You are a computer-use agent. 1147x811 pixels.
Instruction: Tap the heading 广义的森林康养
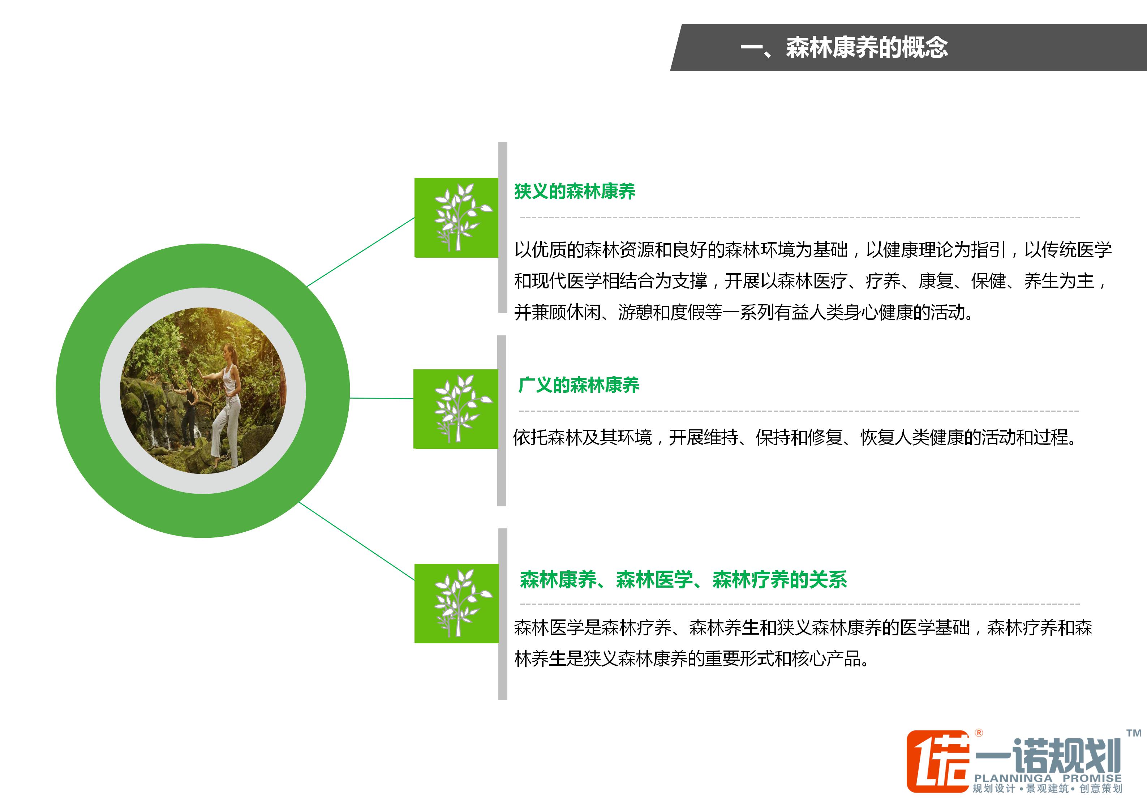pyautogui.click(x=579, y=385)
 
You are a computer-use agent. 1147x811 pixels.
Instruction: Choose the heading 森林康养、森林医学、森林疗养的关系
pyautogui.click(x=683, y=580)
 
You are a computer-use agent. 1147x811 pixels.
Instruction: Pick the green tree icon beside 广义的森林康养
pyautogui.click(x=456, y=409)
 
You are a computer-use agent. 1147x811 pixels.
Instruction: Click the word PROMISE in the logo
pyautogui.click(x=1092, y=778)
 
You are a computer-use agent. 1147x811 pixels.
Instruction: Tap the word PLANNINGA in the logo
pyautogui.click(x=1013, y=778)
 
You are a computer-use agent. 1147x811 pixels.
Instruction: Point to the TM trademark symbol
pyautogui.click(x=1134, y=733)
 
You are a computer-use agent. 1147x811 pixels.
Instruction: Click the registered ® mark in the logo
pyautogui.click(x=979, y=733)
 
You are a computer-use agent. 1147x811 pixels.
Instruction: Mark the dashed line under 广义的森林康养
pyautogui.click(x=799, y=411)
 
